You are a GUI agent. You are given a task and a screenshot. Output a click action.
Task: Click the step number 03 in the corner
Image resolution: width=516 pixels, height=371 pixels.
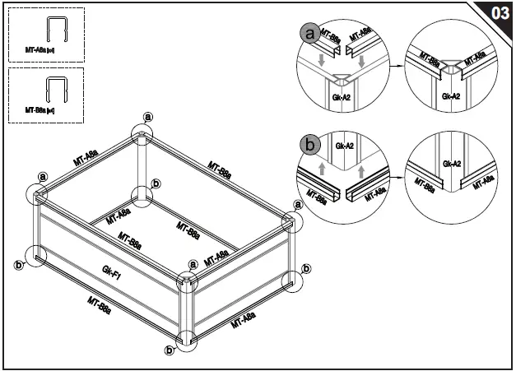pyautogui.click(x=499, y=14)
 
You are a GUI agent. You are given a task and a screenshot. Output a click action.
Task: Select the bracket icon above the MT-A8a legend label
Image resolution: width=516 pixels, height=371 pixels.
pyautogui.click(x=55, y=31)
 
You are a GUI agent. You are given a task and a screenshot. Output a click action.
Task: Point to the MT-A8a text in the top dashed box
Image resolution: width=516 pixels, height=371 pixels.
pyautogui.click(x=40, y=50)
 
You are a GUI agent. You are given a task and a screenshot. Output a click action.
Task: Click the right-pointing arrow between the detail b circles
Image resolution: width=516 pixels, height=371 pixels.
pyautogui.click(x=397, y=175)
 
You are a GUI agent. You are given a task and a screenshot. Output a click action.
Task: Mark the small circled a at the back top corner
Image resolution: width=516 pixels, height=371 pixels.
pyautogui.click(x=148, y=116)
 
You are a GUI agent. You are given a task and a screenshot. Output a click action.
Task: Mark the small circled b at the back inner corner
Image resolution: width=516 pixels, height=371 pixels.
pyautogui.click(x=156, y=183)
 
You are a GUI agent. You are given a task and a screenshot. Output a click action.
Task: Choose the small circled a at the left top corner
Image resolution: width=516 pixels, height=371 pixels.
pyautogui.click(x=42, y=175)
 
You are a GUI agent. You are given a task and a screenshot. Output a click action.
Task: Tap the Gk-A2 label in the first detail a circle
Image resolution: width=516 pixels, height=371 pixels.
pyautogui.click(x=341, y=96)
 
